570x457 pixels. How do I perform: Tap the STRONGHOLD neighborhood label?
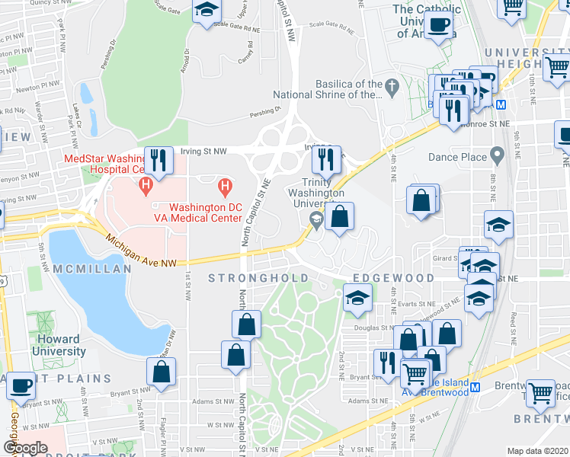click(x=259, y=278)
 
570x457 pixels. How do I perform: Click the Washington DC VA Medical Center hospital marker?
click(x=224, y=185)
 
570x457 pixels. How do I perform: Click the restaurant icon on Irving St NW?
click(x=159, y=160)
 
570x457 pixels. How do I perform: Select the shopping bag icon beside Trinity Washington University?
click(x=340, y=217)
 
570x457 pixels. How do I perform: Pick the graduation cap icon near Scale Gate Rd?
click(x=205, y=11)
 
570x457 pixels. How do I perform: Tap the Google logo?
click(x=26, y=448)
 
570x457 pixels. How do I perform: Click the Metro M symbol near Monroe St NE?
click(x=501, y=104)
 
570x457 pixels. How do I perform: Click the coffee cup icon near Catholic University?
click(x=438, y=24)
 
